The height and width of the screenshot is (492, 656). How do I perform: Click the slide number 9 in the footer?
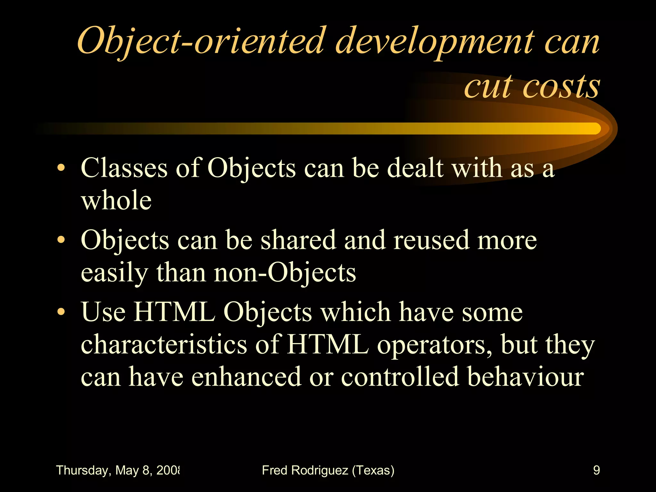coord(596,470)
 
